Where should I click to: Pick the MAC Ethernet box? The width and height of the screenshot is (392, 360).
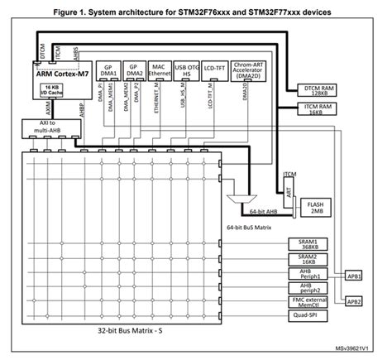161,70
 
